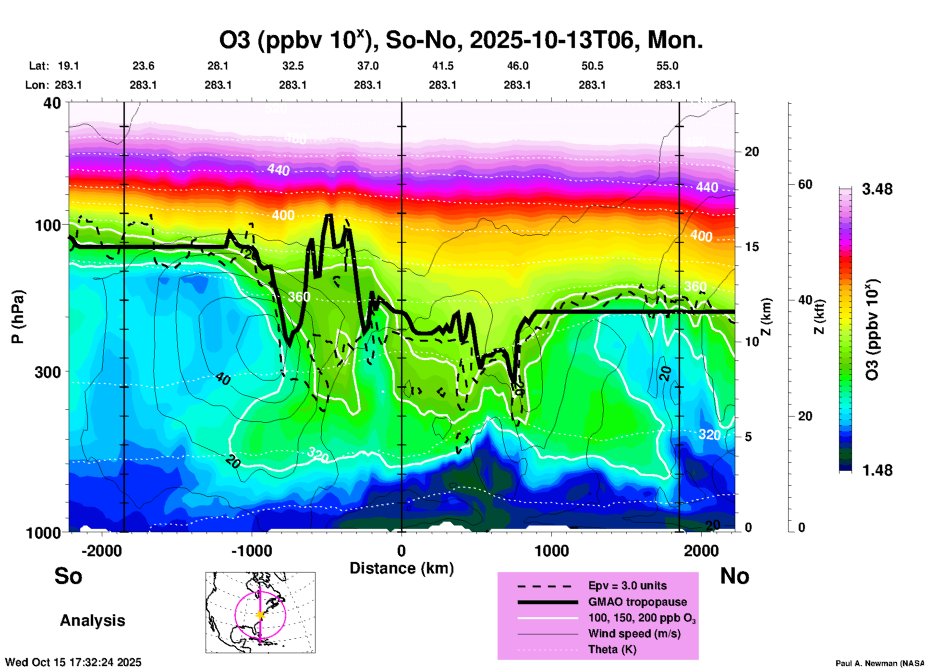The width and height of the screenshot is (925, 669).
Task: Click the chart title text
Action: pyautogui.click(x=461, y=40)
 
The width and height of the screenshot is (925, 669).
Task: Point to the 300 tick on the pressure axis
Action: pyautogui.click(x=48, y=372)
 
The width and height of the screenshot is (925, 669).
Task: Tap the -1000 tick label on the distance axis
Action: pyautogui.click(x=251, y=551)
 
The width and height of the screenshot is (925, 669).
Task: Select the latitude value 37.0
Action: pyautogui.click(x=367, y=66)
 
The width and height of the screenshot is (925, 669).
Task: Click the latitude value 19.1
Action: pyautogui.click(x=68, y=66)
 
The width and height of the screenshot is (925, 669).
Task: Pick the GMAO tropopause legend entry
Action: pyautogui.click(x=637, y=602)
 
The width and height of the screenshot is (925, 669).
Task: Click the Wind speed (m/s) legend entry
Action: pyautogui.click(x=634, y=634)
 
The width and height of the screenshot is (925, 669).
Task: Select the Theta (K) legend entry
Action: pyautogui.click(x=612, y=650)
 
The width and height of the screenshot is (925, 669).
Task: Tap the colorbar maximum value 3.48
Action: pyautogui.click(x=877, y=190)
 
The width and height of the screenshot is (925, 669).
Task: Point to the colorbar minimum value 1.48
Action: pyautogui.click(x=877, y=470)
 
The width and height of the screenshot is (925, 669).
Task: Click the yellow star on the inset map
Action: pyautogui.click(x=260, y=615)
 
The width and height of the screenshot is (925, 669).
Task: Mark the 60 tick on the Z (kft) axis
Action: pyautogui.click(x=805, y=184)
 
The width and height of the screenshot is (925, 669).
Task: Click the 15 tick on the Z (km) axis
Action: pyautogui.click(x=752, y=247)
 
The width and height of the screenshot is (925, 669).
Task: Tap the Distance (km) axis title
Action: pyautogui.click(x=402, y=568)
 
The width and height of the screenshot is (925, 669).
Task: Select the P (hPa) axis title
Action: pyautogui.click(x=17, y=317)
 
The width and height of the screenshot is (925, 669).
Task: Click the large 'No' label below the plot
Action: pyautogui.click(x=734, y=576)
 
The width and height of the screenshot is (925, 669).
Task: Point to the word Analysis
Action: pyautogui.click(x=92, y=621)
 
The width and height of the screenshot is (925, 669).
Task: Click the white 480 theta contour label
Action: pyautogui.click(x=295, y=139)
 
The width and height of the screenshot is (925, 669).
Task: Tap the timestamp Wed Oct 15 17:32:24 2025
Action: pyautogui.click(x=73, y=662)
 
